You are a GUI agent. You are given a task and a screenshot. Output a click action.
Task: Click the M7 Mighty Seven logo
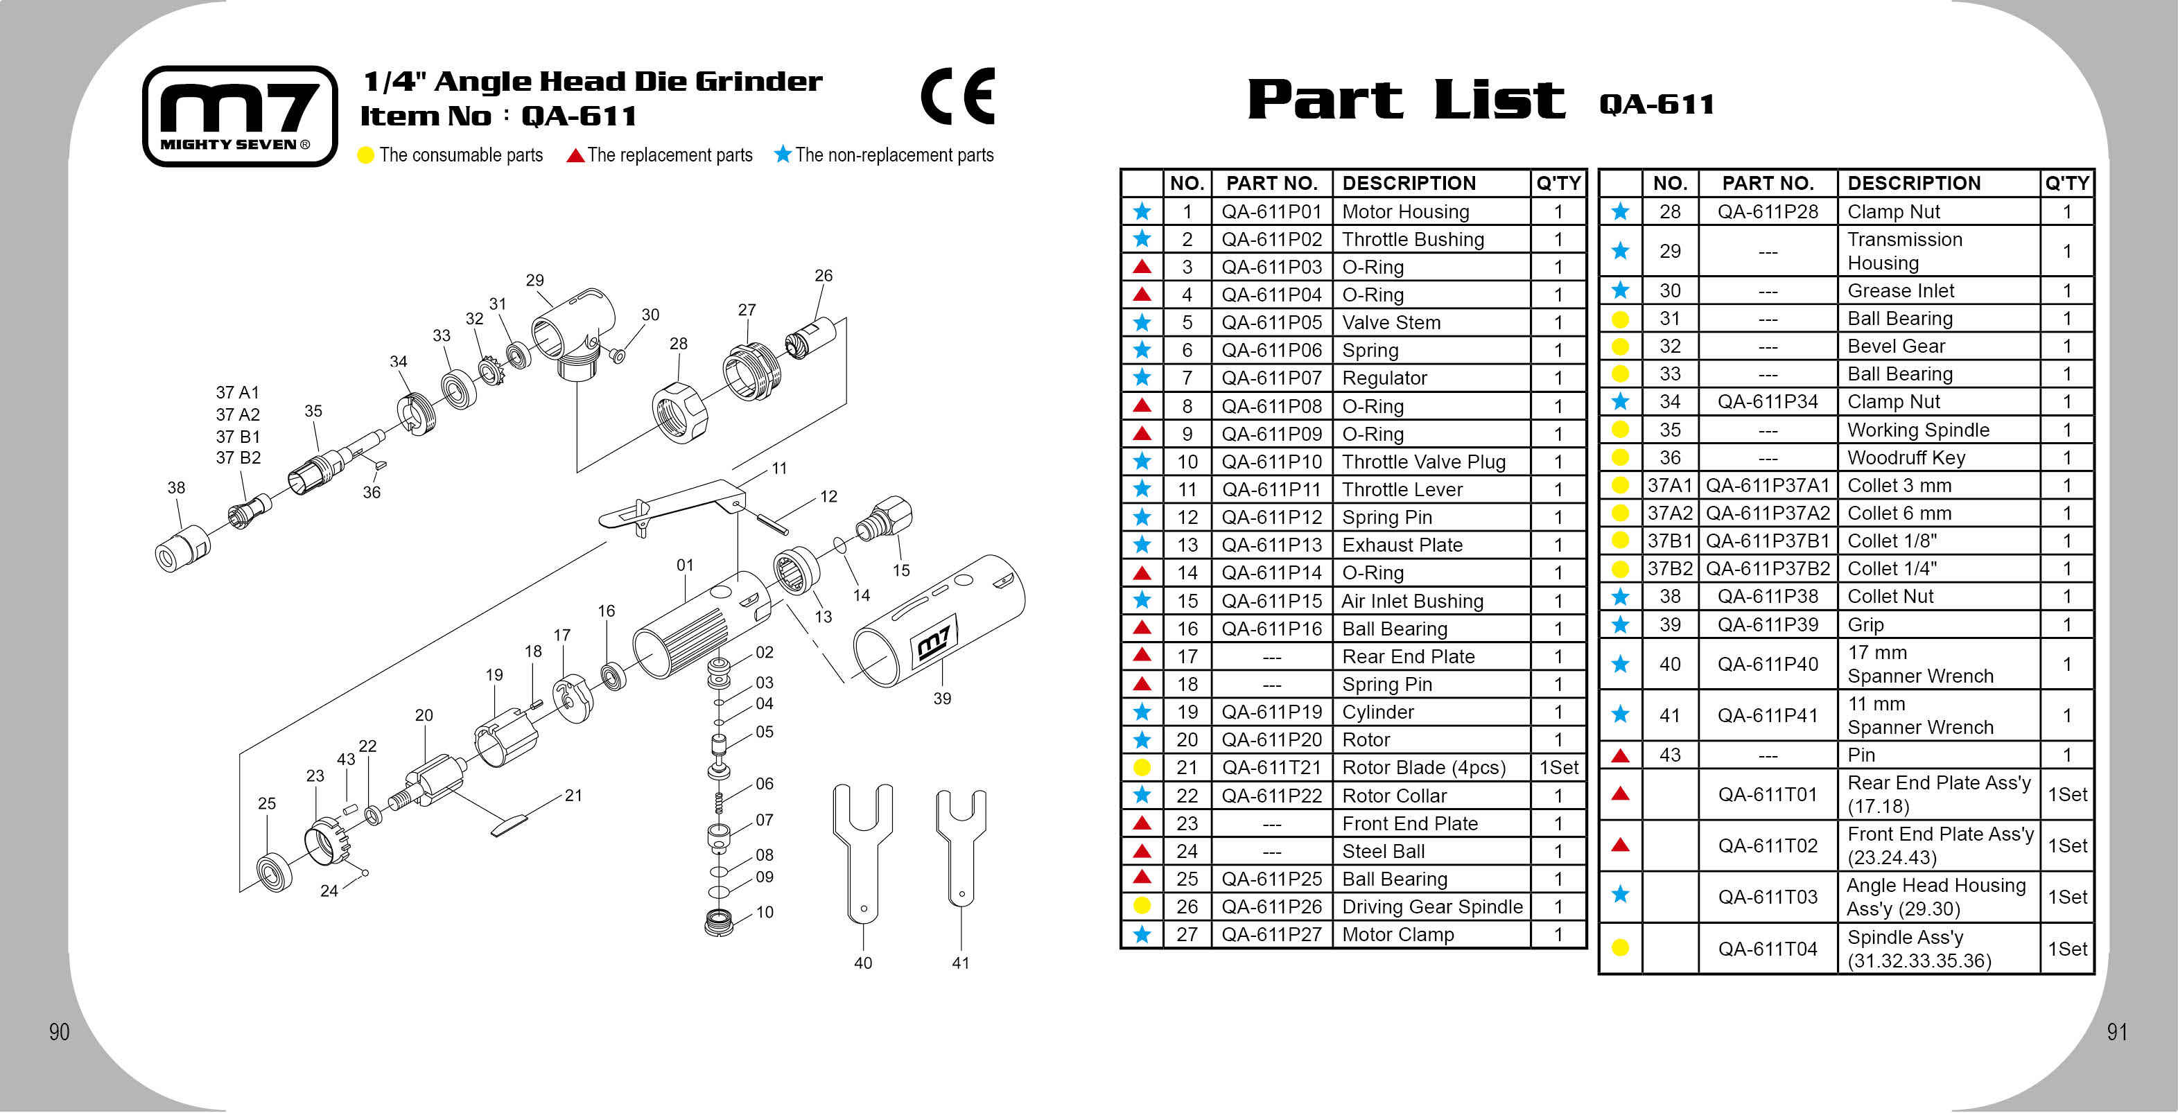(240, 116)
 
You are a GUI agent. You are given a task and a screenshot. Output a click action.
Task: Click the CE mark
(958, 96)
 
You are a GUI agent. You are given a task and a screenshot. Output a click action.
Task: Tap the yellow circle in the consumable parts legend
(365, 155)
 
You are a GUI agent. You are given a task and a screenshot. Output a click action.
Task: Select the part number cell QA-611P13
(1271, 545)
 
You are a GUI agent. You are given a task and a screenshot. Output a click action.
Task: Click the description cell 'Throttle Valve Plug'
(1424, 462)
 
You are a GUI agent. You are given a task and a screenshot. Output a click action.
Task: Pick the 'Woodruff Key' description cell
(1906, 458)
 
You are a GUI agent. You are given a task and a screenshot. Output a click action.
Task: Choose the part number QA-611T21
(1271, 767)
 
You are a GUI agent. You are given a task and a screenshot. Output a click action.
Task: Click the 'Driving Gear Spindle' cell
(1432, 906)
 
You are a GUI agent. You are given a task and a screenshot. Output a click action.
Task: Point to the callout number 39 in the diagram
(942, 699)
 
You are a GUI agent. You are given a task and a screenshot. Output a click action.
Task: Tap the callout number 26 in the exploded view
(824, 276)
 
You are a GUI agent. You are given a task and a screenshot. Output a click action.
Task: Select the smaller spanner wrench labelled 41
(961, 845)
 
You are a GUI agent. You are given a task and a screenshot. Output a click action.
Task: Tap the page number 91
(2116, 1032)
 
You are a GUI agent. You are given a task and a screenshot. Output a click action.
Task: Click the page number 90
(59, 1032)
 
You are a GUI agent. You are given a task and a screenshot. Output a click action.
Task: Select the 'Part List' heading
(1405, 100)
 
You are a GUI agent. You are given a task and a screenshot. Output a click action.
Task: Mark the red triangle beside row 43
(1620, 755)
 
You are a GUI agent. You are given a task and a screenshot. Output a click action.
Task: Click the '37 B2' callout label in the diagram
(238, 458)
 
